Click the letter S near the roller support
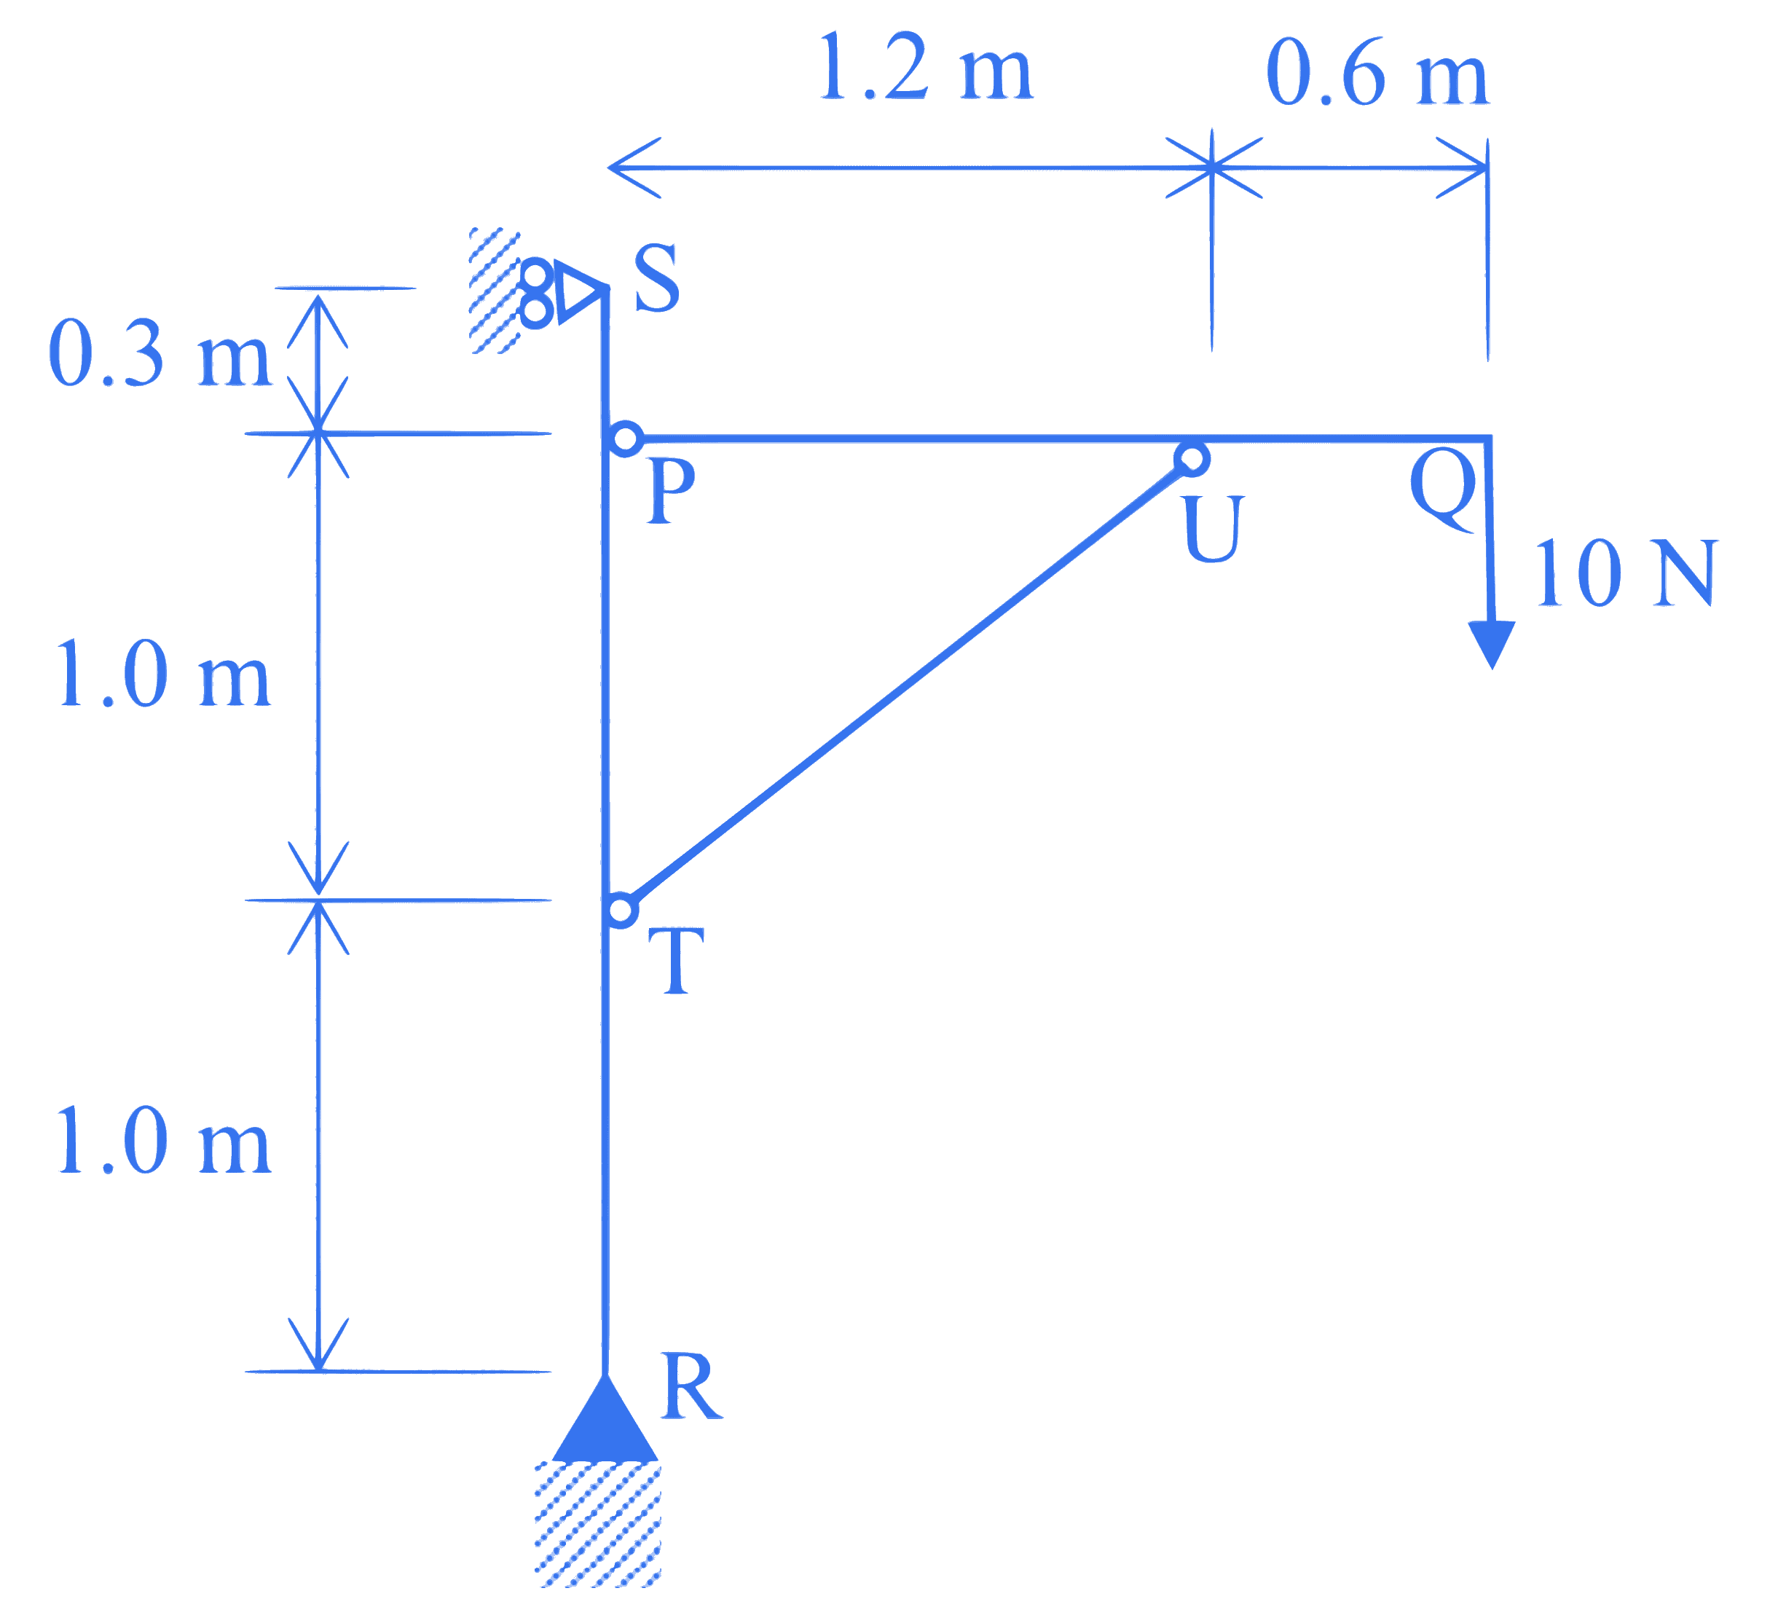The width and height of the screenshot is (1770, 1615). tap(657, 278)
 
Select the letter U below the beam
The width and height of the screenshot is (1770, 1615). tap(1211, 528)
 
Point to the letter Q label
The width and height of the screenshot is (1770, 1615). tap(1442, 488)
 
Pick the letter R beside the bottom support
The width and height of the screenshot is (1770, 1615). tap(691, 1387)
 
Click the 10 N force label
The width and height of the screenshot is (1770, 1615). tap(1624, 573)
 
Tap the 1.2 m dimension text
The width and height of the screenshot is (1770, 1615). tap(925, 67)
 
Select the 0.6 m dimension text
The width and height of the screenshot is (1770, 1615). tap(1377, 72)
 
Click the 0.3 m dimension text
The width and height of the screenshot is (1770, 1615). tap(160, 353)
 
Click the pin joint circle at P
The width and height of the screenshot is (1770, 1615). tap(626, 439)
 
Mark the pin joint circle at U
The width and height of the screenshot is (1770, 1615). tap(1192, 458)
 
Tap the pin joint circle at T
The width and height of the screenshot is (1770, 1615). tap(621, 911)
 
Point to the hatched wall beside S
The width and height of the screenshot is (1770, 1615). tap(495, 291)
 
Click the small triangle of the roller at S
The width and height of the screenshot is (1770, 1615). tap(580, 291)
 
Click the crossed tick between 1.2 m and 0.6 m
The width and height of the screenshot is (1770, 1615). tap(1213, 168)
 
